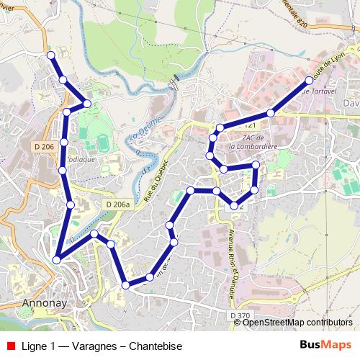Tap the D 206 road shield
point(44,147)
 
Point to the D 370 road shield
point(240,315)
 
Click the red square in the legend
point(10,346)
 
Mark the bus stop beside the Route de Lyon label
point(310,80)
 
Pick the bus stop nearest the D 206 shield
point(64,143)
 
